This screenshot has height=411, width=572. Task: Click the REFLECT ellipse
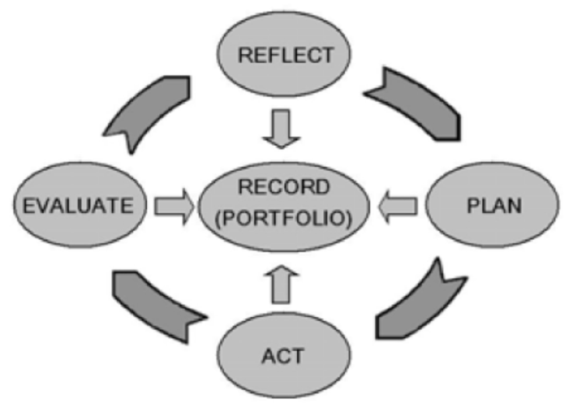pos(284,71)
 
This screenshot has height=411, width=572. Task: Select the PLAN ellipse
pos(492,225)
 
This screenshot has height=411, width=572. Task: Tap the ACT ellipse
pos(284,374)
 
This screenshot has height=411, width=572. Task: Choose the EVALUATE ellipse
pos(80,225)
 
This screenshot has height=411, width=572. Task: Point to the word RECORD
pos(284,187)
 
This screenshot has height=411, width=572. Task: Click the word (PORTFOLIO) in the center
pos(284,219)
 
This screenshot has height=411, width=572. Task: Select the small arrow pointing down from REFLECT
pos(281,128)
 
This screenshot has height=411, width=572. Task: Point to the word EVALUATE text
pos(78,206)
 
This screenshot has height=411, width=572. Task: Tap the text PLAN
pos(494,206)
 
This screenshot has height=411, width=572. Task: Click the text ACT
pos(282,356)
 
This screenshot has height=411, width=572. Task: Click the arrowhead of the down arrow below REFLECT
pos(281,141)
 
